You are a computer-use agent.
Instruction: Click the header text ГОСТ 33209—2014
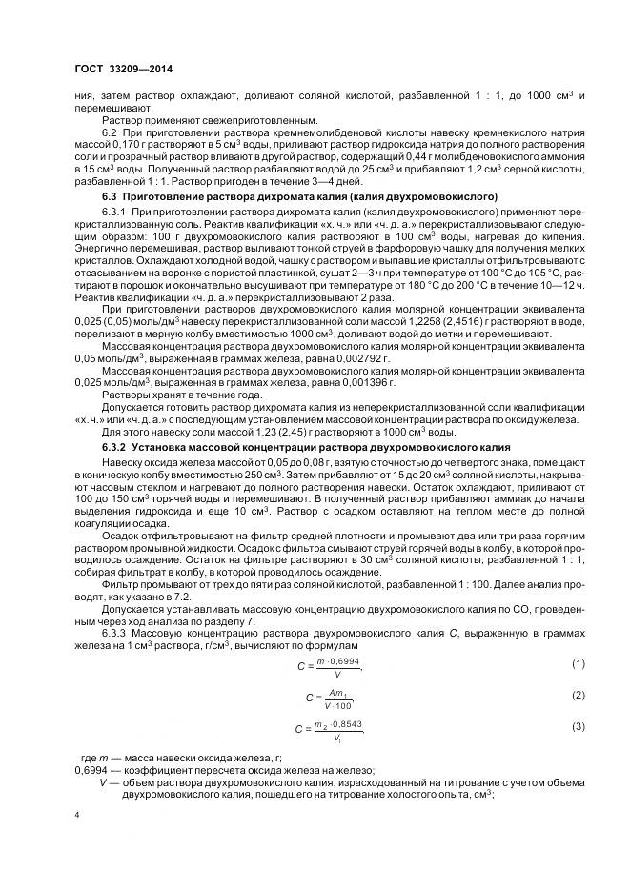(x=118, y=69)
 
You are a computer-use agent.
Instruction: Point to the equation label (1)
(x=578, y=662)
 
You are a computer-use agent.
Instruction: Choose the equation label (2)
(x=578, y=696)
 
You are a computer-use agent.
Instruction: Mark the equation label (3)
(x=578, y=728)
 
